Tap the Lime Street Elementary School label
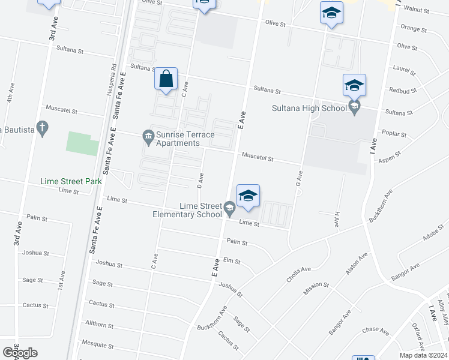coord(187,210)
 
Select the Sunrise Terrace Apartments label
coord(178,139)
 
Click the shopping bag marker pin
coord(166,80)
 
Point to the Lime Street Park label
coord(71,181)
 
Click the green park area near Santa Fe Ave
coord(82,143)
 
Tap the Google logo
coord(20,352)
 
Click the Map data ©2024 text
coord(423,355)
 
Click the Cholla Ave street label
coord(298,274)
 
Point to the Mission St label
coord(316,287)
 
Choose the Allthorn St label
coord(100,325)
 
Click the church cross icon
coord(41,127)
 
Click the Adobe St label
coord(433,233)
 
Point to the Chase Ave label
coord(376,331)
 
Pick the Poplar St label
coord(394,134)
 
